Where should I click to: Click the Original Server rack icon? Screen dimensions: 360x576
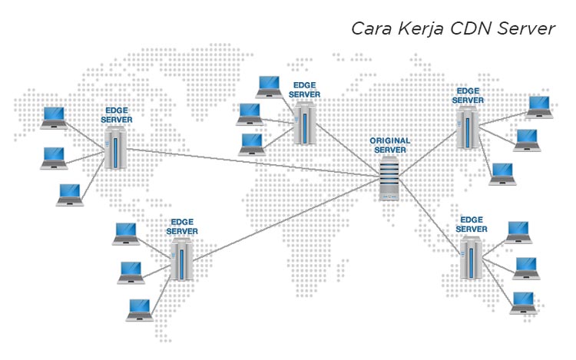click(391, 178)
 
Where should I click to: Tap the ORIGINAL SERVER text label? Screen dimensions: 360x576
click(390, 146)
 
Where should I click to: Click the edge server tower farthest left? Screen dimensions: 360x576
click(116, 149)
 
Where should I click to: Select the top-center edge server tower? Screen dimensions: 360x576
click(304, 123)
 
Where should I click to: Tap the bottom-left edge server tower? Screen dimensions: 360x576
click(182, 259)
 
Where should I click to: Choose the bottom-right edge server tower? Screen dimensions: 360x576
click(471, 257)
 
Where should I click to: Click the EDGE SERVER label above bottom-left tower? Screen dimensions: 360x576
click(182, 226)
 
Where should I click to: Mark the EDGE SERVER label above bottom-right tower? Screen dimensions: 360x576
click(472, 224)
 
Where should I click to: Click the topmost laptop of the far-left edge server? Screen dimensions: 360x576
click(53, 117)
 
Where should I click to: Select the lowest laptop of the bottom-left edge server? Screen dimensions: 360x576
click(139, 309)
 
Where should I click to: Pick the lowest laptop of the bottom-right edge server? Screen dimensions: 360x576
click(524, 302)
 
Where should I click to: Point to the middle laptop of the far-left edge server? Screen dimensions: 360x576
click(54, 157)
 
